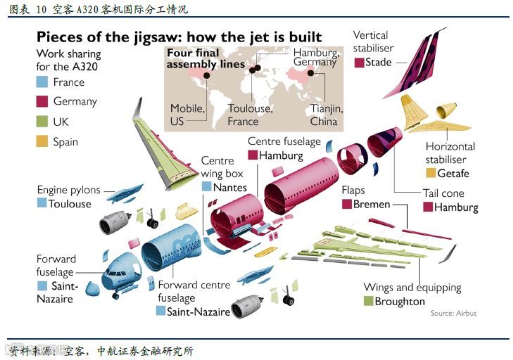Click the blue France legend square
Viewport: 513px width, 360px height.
[x=42, y=82]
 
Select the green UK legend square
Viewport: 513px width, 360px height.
[x=42, y=122]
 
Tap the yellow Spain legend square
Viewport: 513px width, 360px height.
[x=42, y=142]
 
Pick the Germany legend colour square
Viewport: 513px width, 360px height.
[x=42, y=102]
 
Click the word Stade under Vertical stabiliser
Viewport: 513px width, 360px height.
[x=379, y=63]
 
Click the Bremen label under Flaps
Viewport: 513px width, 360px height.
[x=372, y=204]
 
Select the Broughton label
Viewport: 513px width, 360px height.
[x=400, y=302]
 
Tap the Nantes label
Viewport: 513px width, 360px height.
[x=230, y=187]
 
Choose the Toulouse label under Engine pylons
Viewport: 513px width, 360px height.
[x=70, y=204]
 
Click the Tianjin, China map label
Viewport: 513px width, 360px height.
[x=325, y=115]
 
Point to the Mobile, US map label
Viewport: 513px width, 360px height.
[x=187, y=115]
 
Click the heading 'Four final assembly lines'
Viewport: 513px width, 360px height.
[x=204, y=58]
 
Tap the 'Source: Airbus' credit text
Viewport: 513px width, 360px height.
[x=453, y=314]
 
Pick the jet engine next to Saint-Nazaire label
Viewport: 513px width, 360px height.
[x=248, y=304]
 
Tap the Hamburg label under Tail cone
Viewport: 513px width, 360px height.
[x=456, y=207]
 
